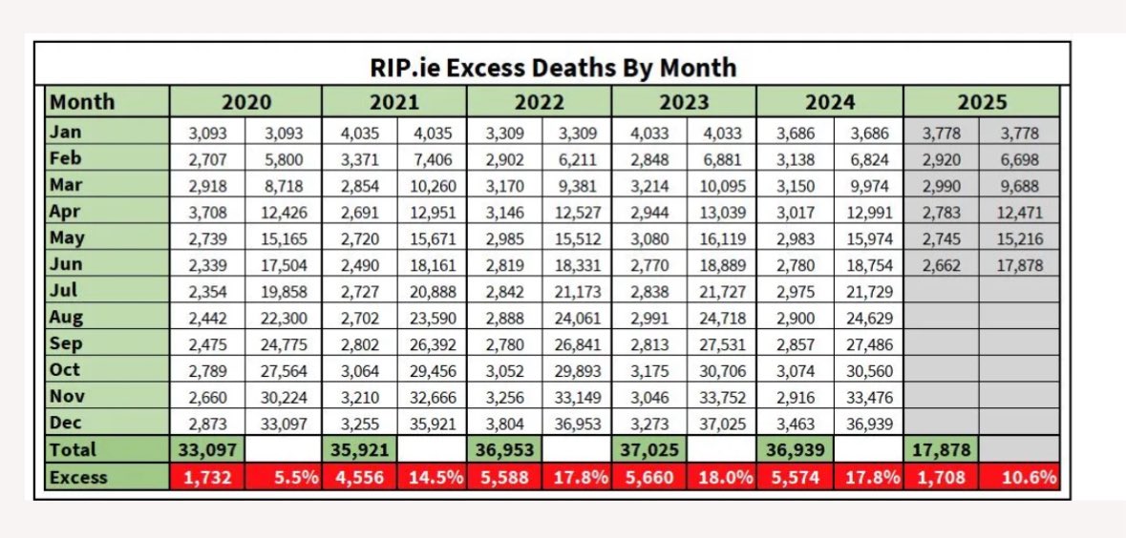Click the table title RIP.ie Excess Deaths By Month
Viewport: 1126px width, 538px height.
click(553, 67)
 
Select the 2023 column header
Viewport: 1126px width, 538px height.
click(684, 101)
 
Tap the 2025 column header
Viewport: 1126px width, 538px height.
click(981, 101)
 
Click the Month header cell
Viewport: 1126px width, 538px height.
click(82, 101)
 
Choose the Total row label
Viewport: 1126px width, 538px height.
click(74, 449)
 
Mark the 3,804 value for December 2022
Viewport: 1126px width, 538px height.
click(504, 424)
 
